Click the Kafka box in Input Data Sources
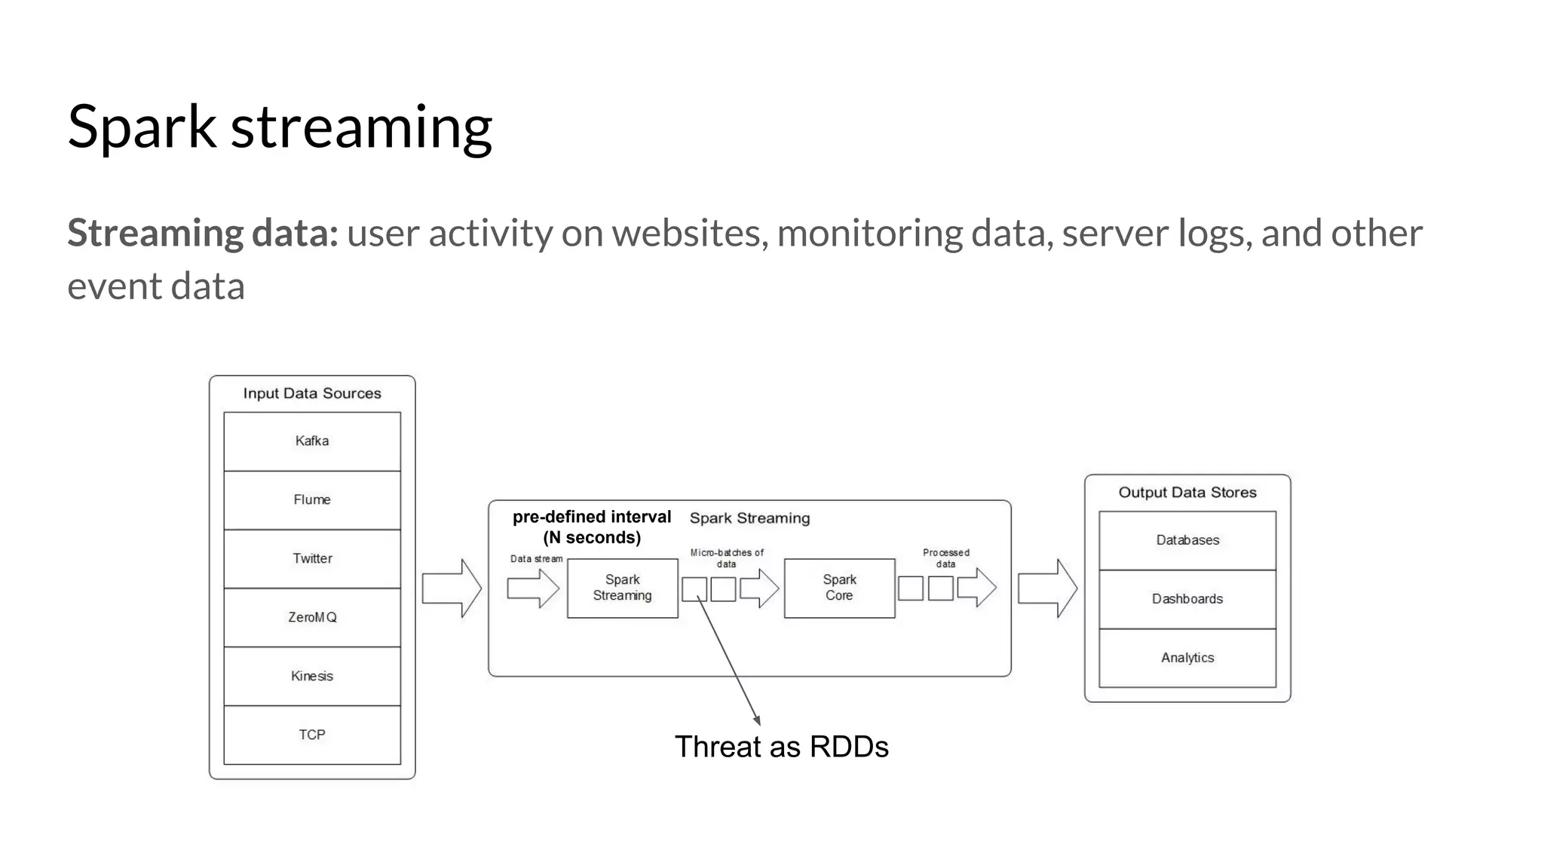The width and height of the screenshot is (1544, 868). point(312,441)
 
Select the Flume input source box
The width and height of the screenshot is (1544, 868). point(312,500)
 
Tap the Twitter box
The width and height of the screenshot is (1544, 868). point(312,558)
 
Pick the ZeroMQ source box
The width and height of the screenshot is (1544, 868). point(312,617)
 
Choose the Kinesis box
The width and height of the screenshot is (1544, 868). point(312,676)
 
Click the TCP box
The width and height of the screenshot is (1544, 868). point(312,735)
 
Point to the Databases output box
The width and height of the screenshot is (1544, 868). point(1187,540)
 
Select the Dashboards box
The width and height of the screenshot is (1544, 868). point(1187,599)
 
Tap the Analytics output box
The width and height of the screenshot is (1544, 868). point(1187,658)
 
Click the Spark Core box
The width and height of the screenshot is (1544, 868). point(839,588)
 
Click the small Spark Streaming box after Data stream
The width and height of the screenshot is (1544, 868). point(622,588)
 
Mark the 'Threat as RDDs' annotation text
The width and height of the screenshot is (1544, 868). point(781,747)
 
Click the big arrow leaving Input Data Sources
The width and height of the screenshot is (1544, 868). point(451,588)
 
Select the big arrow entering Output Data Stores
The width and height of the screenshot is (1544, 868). point(1046,588)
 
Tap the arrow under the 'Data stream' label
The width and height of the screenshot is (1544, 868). point(532,588)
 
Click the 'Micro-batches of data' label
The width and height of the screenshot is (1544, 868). point(727,558)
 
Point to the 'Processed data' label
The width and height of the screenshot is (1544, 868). point(946,558)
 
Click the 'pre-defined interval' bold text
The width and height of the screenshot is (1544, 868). point(592,518)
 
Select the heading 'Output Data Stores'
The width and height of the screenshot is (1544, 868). point(1187,492)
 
